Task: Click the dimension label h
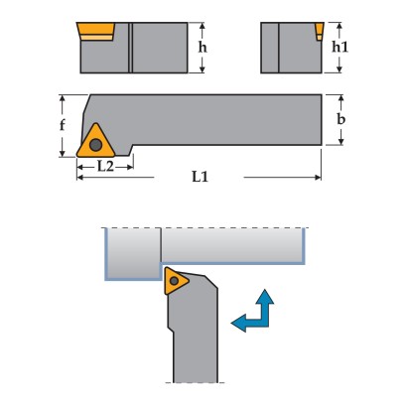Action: [x=203, y=47]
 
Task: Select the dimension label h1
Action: [x=340, y=47]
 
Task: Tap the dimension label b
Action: [x=341, y=119]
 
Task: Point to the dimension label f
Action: [x=63, y=125]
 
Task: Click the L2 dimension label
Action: [x=105, y=166]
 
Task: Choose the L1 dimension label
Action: [x=201, y=177]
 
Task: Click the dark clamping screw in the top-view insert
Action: [x=95, y=145]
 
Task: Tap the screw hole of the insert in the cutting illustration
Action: [x=174, y=281]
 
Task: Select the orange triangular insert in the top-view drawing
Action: [x=95, y=143]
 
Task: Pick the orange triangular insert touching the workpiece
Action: [x=175, y=281]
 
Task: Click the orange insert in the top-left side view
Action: [x=95, y=29]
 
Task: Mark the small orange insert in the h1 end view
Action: [x=320, y=32]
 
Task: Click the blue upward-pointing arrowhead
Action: [x=265, y=297]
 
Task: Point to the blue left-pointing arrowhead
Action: [x=238, y=323]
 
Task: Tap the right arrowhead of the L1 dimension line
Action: [x=318, y=178]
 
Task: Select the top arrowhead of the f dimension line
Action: [x=63, y=98]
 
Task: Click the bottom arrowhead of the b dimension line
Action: [x=341, y=142]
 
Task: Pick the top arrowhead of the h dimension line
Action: [x=203, y=26]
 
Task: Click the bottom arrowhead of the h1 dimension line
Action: [x=339, y=69]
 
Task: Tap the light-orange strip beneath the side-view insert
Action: [x=96, y=38]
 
